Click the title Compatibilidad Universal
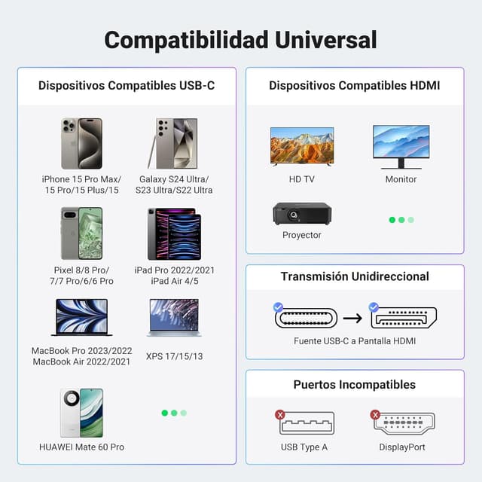pos(240,39)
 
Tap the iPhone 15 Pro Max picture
pos(81,143)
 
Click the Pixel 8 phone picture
pos(81,233)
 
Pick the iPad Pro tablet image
pos(174,234)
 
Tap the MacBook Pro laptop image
pos(81,317)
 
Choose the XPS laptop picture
pos(174,317)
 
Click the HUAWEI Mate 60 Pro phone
pos(81,413)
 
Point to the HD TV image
pos(301,146)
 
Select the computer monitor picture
pos(401,146)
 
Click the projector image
pos(301,213)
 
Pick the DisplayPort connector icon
pos(403,423)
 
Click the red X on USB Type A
pos(280,414)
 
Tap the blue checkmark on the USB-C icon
pos(278,307)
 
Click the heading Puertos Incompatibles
pos(354,385)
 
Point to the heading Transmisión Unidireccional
pos(355,276)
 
